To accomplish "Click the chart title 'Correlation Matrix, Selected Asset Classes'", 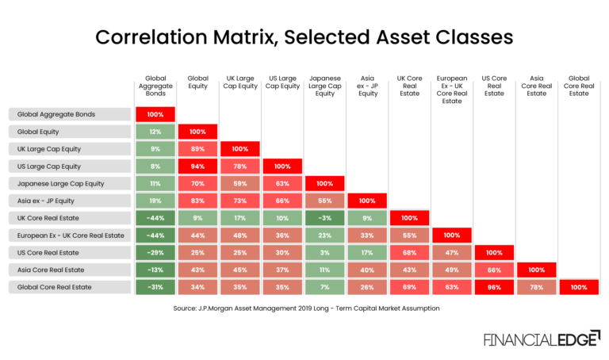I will (x=304, y=37).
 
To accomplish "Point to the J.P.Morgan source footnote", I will (x=304, y=308).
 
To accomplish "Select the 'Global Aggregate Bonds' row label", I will (x=70, y=114).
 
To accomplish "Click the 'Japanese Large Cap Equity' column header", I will (x=324, y=86).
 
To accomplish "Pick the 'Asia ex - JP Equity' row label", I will (x=70, y=201).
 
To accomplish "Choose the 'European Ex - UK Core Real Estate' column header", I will (x=452, y=90).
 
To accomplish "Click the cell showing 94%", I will (x=197, y=166).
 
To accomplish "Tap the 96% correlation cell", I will (x=494, y=287).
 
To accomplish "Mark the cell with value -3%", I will (x=324, y=218).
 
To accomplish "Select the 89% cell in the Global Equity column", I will (x=197, y=148).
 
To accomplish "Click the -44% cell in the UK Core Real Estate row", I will (x=155, y=218).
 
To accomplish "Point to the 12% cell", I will (x=155, y=132).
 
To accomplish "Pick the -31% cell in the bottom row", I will (x=155, y=287).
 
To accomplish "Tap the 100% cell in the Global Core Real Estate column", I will (x=579, y=287).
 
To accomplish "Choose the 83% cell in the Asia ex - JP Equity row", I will (x=197, y=201).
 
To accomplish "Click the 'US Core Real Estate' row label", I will (x=70, y=252).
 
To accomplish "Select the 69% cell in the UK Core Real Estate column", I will (x=409, y=287).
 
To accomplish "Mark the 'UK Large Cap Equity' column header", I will (x=239, y=82).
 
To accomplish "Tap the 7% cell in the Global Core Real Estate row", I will (x=324, y=287).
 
